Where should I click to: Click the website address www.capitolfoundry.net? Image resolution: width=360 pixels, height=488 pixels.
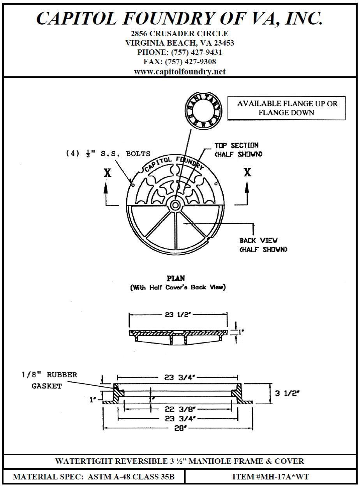[180, 72]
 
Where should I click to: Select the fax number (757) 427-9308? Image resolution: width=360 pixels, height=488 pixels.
[191, 62]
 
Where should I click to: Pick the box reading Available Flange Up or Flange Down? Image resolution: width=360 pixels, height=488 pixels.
[287, 108]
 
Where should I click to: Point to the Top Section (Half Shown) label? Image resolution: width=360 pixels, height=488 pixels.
[238, 150]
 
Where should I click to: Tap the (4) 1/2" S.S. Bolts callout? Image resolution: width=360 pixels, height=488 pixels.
[108, 153]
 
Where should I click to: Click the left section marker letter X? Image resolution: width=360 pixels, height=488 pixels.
[108, 173]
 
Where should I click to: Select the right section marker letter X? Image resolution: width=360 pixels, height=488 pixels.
[247, 172]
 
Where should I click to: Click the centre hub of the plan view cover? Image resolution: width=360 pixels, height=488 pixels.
[175, 204]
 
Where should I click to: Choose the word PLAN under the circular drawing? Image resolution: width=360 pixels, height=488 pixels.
[176, 278]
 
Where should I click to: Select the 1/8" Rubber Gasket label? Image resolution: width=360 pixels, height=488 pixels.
[49, 380]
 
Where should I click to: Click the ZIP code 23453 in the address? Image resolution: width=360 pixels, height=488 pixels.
[223, 43]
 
